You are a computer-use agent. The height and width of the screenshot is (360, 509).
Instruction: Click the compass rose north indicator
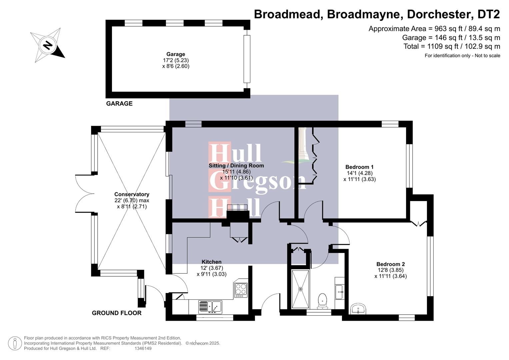point(48,45)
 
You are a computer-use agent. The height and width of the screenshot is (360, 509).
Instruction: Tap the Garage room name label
point(176,54)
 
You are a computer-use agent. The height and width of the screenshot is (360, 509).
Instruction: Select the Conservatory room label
point(132,194)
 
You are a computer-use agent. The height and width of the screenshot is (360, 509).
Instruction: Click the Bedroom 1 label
point(359,167)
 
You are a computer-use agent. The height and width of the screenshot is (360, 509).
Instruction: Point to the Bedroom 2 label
point(390,264)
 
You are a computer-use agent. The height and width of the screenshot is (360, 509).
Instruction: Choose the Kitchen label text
point(211,262)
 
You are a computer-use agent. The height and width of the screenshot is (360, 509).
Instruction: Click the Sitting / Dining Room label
point(236,165)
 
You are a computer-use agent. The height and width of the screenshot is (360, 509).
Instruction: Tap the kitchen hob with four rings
point(241,290)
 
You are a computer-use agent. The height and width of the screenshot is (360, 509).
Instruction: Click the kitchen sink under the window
point(210,307)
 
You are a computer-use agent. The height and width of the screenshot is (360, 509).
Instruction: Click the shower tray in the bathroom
point(301,289)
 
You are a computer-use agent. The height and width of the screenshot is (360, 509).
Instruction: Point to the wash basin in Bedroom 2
point(358,309)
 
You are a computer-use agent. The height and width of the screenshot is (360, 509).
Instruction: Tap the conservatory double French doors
point(85,193)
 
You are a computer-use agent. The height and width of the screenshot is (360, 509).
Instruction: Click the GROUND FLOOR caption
point(117,313)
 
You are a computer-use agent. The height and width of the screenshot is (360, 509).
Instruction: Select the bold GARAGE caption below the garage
point(119,104)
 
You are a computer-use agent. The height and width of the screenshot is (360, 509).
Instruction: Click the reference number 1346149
point(143,348)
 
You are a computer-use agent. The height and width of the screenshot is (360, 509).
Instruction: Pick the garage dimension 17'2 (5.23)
point(176,60)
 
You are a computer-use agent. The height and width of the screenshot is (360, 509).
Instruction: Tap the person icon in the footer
point(15,343)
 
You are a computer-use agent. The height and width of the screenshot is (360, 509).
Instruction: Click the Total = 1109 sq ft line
point(452,46)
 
